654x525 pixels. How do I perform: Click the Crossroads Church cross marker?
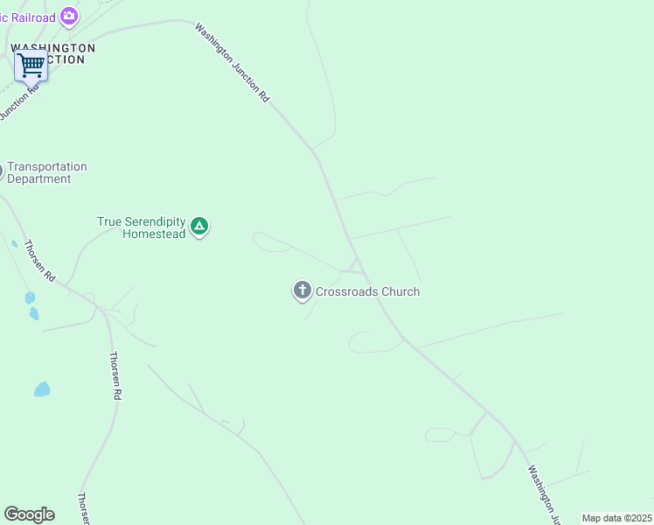pyautogui.click(x=303, y=290)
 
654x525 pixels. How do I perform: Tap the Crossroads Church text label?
pyautogui.click(x=367, y=291)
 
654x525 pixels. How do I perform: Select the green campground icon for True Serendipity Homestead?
pyautogui.click(x=199, y=227)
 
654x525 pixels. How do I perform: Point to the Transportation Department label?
pyautogui.click(x=47, y=172)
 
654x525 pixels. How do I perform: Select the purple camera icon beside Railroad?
pyautogui.click(x=69, y=17)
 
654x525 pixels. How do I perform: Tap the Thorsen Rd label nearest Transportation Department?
pyautogui.click(x=39, y=260)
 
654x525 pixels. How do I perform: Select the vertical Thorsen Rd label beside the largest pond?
pyautogui.click(x=115, y=375)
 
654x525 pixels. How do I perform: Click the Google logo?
pyautogui.click(x=29, y=514)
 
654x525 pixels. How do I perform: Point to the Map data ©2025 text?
pyautogui.click(x=616, y=518)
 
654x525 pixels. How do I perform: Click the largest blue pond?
pyautogui.click(x=42, y=388)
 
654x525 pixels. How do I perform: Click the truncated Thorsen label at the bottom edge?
pyautogui.click(x=83, y=508)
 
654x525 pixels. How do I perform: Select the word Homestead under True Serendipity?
pyautogui.click(x=154, y=234)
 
